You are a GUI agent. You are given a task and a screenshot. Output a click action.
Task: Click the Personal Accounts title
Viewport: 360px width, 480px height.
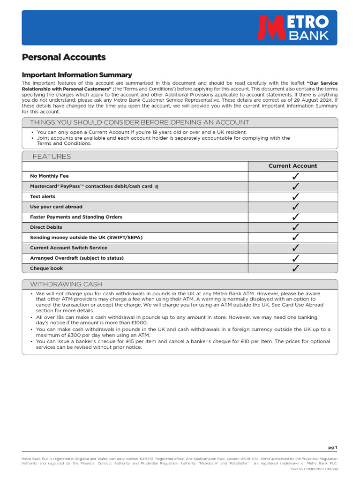pyautogui.click(x=64, y=57)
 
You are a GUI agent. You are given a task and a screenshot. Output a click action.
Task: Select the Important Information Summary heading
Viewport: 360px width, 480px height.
pyautogui.click(x=77, y=75)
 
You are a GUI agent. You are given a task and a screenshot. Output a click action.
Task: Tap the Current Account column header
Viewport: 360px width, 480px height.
pyautogui.click(x=292, y=166)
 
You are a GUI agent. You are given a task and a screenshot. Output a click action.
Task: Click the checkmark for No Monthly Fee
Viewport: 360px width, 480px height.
pyautogui.click(x=295, y=176)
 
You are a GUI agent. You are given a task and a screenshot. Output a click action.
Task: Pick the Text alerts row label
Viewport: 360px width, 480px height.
pyautogui.click(x=43, y=196)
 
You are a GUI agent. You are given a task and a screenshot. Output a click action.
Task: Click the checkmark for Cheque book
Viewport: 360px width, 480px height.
pyautogui.click(x=295, y=269)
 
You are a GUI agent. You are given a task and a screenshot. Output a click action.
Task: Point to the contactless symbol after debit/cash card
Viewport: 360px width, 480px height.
pyautogui.click(x=157, y=187)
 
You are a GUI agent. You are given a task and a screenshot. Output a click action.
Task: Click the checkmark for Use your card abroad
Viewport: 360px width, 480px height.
pyautogui.click(x=295, y=207)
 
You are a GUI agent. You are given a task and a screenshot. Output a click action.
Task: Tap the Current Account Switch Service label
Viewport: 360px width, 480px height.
pyautogui.click(x=68, y=248)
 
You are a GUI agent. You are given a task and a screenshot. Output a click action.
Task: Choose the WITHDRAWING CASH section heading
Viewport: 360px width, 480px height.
pyautogui.click(x=66, y=285)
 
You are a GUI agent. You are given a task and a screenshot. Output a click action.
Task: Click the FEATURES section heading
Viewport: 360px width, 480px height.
pyautogui.click(x=52, y=157)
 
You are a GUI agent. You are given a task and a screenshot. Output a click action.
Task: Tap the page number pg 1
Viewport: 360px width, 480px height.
pyautogui.click(x=332, y=447)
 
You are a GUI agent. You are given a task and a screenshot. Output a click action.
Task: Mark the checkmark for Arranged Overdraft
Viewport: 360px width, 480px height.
pyautogui.click(x=295, y=258)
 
